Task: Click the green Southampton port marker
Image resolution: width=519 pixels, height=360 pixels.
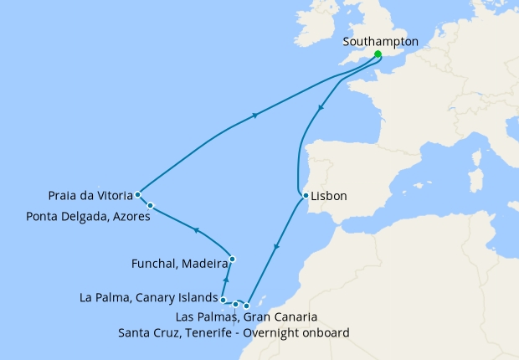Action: coord(378,54)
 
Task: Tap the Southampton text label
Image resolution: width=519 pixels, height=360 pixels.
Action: coord(381,40)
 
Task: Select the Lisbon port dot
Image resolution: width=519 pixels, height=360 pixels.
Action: coord(306,196)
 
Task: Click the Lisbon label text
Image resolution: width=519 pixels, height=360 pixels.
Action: coord(329,197)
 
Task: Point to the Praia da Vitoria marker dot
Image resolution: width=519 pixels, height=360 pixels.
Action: coord(137,194)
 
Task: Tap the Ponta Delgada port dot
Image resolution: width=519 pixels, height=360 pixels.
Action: coord(151,205)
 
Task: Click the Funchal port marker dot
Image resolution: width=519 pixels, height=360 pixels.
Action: coord(232,259)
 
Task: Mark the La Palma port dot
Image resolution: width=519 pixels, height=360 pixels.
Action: coord(223,299)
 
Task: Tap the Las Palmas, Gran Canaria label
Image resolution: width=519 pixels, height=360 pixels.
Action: coord(247,317)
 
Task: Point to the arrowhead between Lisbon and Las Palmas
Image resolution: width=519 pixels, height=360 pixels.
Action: coord(276,248)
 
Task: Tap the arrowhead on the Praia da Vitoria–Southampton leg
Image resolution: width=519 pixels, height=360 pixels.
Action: coord(254,116)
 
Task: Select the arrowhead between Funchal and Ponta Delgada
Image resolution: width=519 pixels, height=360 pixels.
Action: coord(195,229)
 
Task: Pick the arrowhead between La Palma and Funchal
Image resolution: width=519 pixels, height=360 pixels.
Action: coord(227,279)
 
